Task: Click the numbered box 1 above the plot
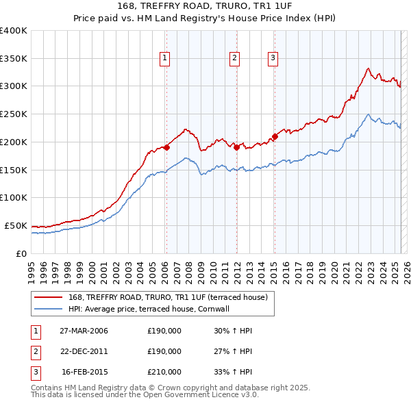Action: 166,59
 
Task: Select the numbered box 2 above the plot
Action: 234,59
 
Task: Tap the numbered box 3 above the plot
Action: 273,59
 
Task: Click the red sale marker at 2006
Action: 166,147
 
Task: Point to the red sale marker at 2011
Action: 236,147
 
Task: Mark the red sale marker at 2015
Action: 274,136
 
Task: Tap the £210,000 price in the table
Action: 164,372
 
